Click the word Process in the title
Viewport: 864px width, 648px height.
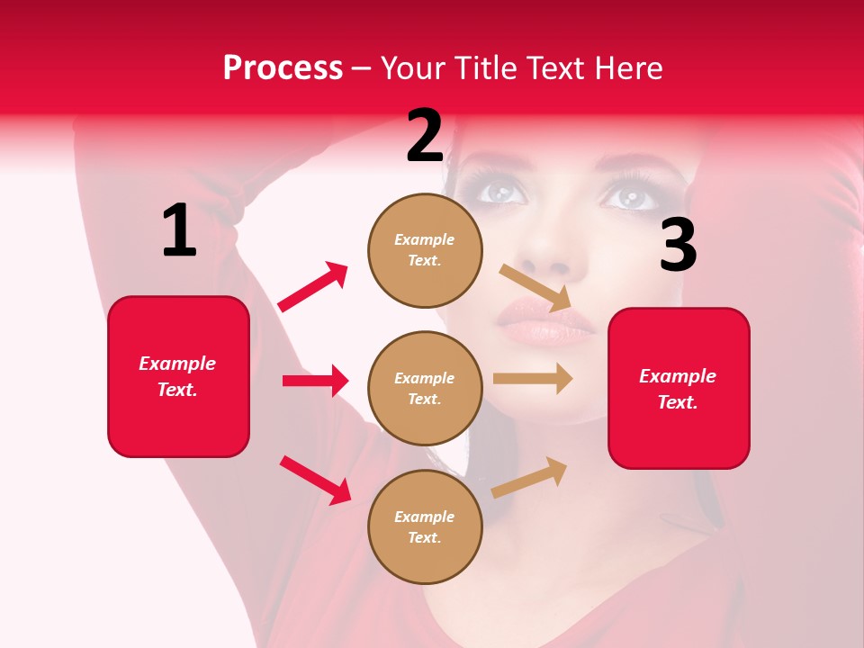(x=283, y=68)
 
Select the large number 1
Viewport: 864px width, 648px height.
(x=179, y=231)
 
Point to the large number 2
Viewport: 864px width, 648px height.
(x=425, y=136)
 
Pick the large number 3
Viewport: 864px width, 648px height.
(x=678, y=246)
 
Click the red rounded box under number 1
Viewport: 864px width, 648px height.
(x=178, y=376)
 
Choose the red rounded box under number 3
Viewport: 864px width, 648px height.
(x=679, y=388)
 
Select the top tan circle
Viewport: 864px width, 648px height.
(x=425, y=250)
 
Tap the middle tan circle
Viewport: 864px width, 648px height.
(x=425, y=388)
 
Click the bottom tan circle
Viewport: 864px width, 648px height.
(x=425, y=526)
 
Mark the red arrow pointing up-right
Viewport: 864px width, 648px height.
(x=313, y=287)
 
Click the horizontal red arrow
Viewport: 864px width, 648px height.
(x=315, y=381)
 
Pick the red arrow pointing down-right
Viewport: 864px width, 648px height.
(x=315, y=480)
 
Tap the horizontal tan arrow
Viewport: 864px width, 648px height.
(x=533, y=379)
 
